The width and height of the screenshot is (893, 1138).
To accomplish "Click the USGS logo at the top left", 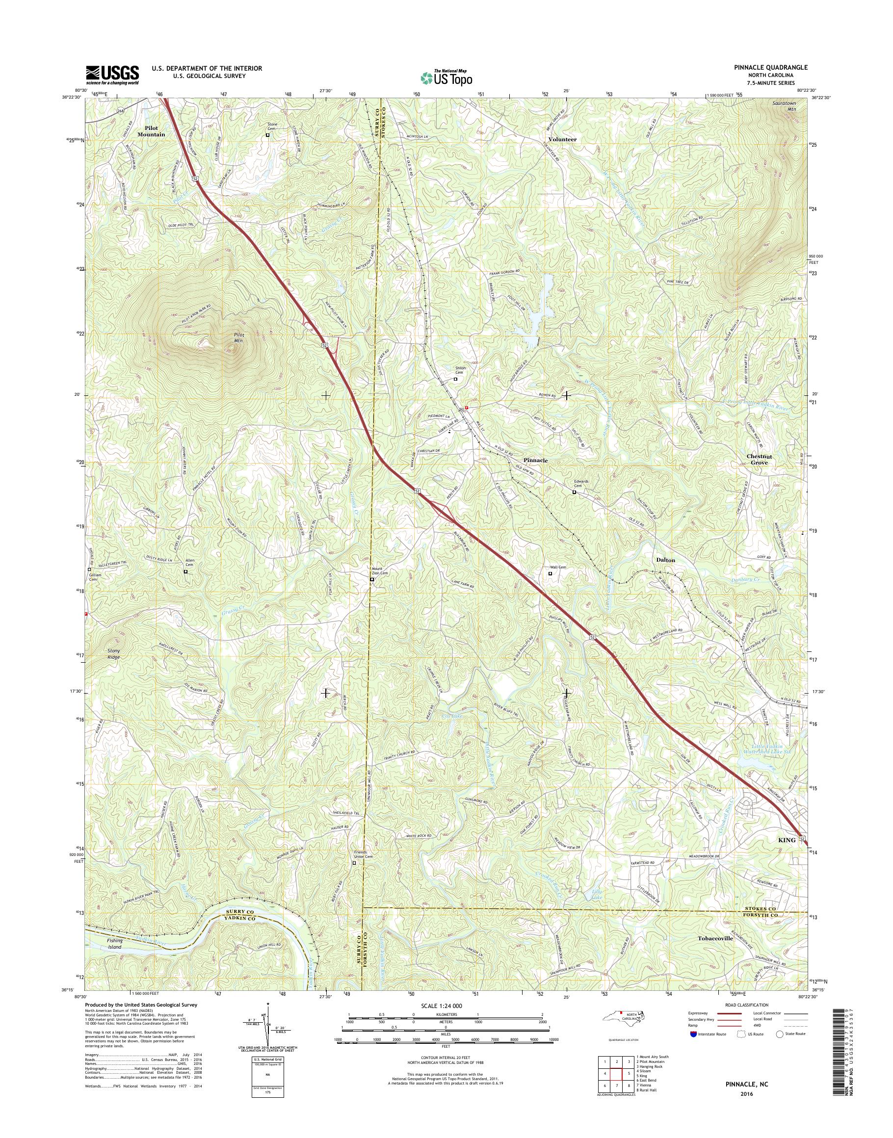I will click(x=112, y=75).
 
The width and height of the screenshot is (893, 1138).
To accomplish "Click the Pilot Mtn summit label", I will click(x=238, y=337).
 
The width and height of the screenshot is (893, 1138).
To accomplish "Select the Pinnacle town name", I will click(x=535, y=461).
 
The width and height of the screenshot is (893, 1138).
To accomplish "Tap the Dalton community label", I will click(x=665, y=560).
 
